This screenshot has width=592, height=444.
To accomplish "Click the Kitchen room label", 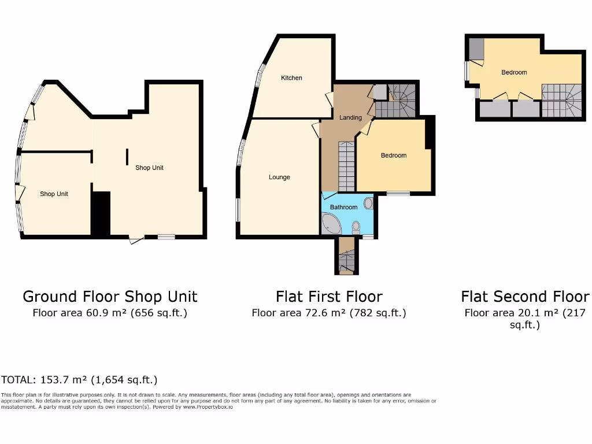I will pos(291,78).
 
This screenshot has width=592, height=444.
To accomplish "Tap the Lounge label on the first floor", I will pos(279,177).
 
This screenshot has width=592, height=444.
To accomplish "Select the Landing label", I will pos(350,117).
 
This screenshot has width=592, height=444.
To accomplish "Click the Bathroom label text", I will pos(343,207).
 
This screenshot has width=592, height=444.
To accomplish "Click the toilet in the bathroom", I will pos(356,227).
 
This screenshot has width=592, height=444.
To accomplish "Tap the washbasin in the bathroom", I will pos(369,203).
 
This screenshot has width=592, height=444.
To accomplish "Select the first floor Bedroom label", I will pos(393,156).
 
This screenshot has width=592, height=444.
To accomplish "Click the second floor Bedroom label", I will pos(514,72).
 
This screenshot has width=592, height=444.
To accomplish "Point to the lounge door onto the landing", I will pos(316,129).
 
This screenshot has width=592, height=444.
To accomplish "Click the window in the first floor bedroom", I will pos(398,194).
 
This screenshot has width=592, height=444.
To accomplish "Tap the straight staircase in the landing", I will pos(346,167).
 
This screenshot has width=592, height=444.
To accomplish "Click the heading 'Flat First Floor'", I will pos(329,297).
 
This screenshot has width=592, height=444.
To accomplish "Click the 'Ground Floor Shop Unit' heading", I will pos(110,297).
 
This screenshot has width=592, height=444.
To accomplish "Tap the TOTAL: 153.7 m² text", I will pos(79,380).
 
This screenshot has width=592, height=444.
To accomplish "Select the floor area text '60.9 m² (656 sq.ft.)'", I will pos(110,313).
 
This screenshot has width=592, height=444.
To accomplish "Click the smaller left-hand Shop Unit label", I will pos(54,194).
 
